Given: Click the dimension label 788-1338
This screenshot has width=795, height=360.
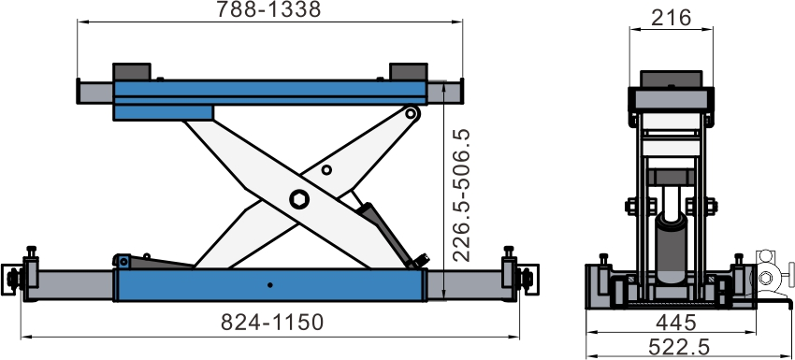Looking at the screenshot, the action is pos(268,9).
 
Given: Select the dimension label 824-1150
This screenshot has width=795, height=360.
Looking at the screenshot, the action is pos(272,322).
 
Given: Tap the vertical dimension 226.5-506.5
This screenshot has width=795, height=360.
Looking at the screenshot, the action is pos(461,195).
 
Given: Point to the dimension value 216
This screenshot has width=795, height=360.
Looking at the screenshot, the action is pos(671,18).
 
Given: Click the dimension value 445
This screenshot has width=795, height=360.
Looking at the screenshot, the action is pos(676,323).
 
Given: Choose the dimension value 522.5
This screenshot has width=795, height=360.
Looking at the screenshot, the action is pos(679,348).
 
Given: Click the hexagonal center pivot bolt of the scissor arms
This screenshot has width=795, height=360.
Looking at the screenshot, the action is pos(299,199).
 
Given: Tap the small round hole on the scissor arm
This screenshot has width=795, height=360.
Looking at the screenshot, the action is pos(326,170).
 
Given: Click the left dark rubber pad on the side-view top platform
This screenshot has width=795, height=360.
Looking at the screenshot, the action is pos(132,71).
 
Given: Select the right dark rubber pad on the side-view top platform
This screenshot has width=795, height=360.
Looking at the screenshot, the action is pos(408,71).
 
